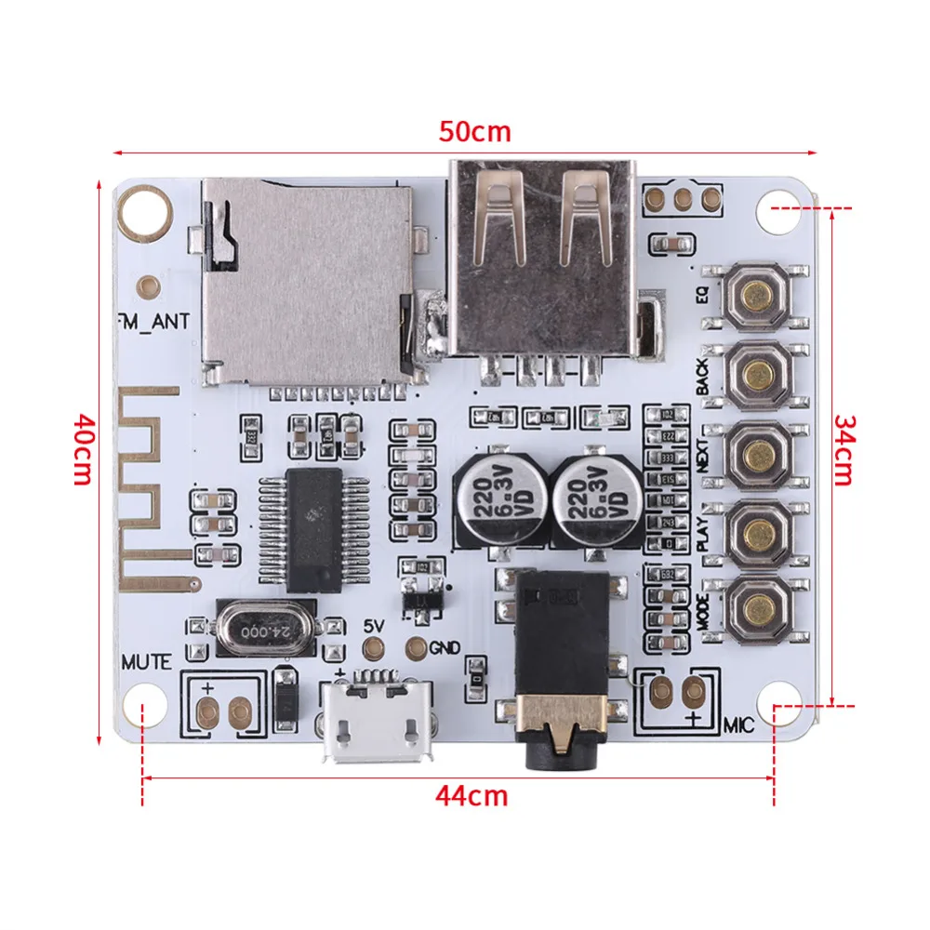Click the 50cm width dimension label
click(x=475, y=131)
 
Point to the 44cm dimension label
click(x=473, y=796)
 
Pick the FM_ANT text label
click(x=155, y=322)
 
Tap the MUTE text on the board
click(x=146, y=663)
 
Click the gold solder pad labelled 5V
click(x=373, y=648)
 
